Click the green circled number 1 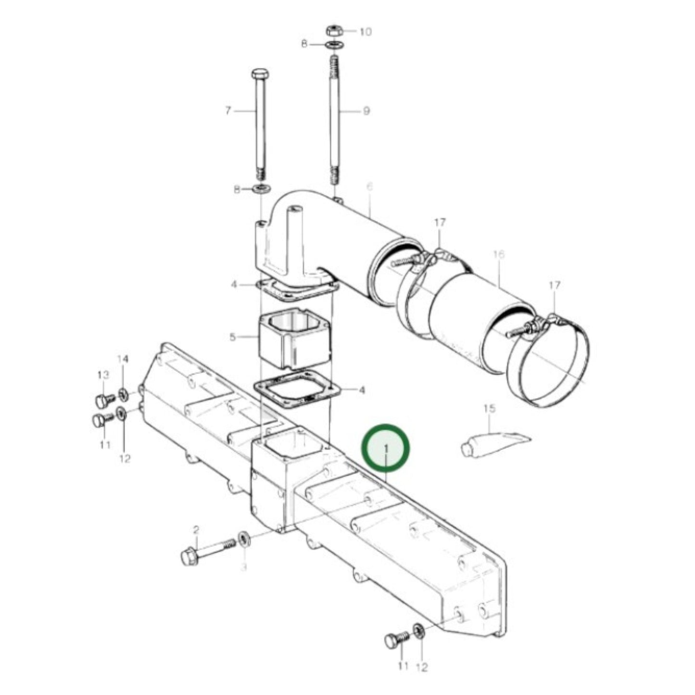tap(386, 448)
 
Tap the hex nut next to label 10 tap(333, 31)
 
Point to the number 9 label tap(366, 111)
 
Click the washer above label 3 tap(244, 538)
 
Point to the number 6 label tap(369, 187)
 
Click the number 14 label tap(123, 359)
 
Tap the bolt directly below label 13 tap(103, 400)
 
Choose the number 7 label tap(228, 111)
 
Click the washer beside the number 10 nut tap(333, 45)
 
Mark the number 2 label tap(196, 530)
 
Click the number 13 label tap(103, 375)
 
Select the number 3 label tap(243, 568)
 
